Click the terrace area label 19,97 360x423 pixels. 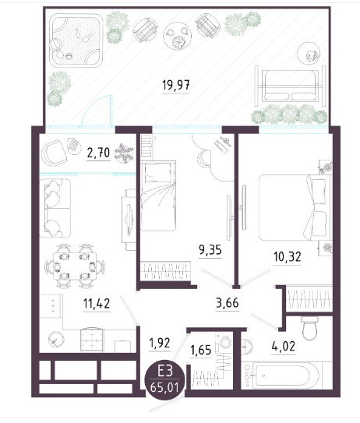[175, 85]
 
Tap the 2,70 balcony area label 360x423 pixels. [98, 153]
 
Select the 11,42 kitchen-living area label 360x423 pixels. [97, 304]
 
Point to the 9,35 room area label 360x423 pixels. [210, 250]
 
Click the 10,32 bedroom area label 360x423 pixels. [287, 256]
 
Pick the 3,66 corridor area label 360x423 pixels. [228, 303]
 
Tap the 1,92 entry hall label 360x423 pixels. [160, 343]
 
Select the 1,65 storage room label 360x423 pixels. [201, 350]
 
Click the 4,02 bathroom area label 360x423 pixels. [284, 346]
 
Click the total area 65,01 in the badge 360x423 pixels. [165, 388]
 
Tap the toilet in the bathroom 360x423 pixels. [310, 328]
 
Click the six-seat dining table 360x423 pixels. [75, 266]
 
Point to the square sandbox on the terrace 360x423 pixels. [76, 40]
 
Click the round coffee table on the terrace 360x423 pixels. [178, 36]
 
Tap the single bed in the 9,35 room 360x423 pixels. [158, 196]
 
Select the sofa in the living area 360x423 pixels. [55, 208]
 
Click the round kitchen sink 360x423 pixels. [56, 339]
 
